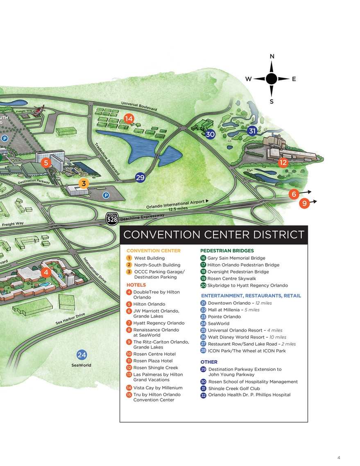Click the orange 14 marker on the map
click(129, 119)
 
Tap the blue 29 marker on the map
click(140, 177)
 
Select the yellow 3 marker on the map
click(84, 183)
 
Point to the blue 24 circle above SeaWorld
click(82, 355)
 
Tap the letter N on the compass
click(272, 57)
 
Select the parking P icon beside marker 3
click(106, 195)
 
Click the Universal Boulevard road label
click(139, 107)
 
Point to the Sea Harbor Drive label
click(70, 319)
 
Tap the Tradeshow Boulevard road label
click(107, 159)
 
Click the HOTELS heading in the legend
click(136, 285)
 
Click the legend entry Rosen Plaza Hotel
click(153, 361)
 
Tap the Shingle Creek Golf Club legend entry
click(234, 389)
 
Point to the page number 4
click(339, 458)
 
